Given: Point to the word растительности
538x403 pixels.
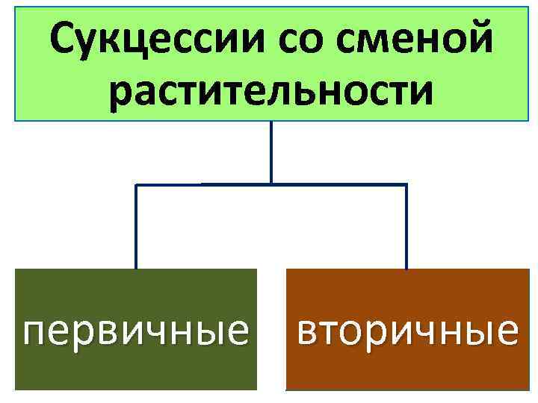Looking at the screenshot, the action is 270,93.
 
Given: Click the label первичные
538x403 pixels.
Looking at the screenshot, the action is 136,329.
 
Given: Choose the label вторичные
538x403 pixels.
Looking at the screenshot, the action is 406,329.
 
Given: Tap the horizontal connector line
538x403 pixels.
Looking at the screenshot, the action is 336,184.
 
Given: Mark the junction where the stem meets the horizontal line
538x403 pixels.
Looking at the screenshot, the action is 270,184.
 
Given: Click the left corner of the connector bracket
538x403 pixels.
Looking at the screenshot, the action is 135,184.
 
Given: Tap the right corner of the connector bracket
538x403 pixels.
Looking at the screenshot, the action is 406,184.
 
